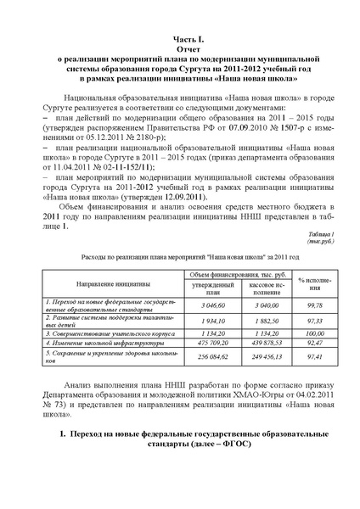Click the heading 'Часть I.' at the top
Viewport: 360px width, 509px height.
(x=179, y=39)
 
